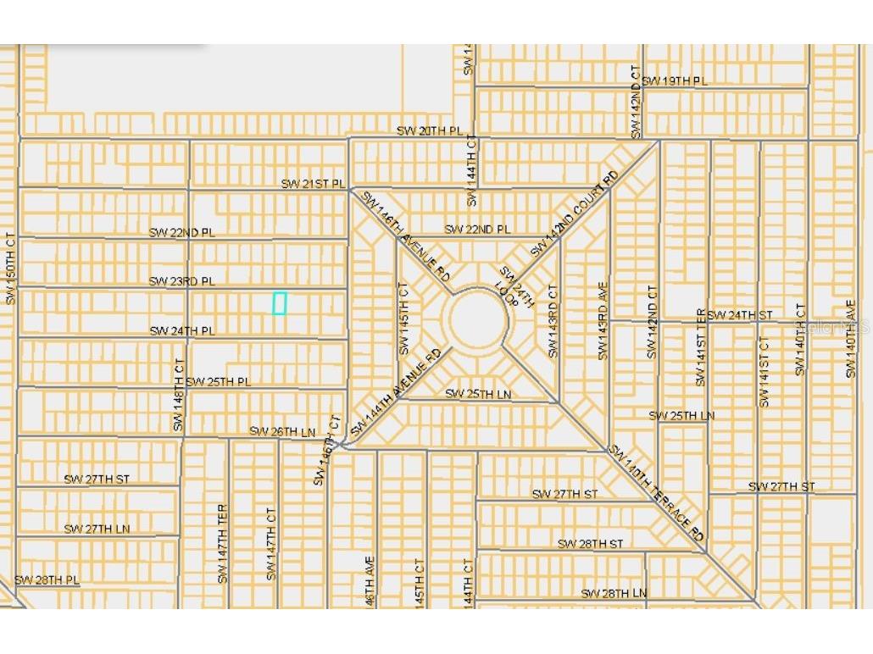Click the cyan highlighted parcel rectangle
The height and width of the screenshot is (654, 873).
[279, 303]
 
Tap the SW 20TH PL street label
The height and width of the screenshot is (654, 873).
[431, 130]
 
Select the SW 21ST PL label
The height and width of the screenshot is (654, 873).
[314, 184]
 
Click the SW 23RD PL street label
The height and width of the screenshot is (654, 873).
[182, 280]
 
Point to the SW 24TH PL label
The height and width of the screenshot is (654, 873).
[182, 330]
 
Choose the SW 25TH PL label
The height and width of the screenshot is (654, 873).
[219, 381]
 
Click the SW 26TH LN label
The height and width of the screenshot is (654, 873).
[282, 431]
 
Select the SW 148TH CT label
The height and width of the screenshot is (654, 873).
[178, 394]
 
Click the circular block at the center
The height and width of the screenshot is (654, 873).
[479, 320]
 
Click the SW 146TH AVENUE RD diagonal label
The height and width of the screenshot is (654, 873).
[406, 236]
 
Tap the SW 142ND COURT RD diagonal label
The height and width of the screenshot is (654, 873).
[576, 213]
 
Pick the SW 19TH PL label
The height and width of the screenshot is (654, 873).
[674, 80]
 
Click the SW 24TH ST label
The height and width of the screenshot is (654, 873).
[740, 314]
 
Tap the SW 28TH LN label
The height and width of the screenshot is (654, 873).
[614, 593]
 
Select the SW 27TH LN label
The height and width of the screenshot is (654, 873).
[97, 529]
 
